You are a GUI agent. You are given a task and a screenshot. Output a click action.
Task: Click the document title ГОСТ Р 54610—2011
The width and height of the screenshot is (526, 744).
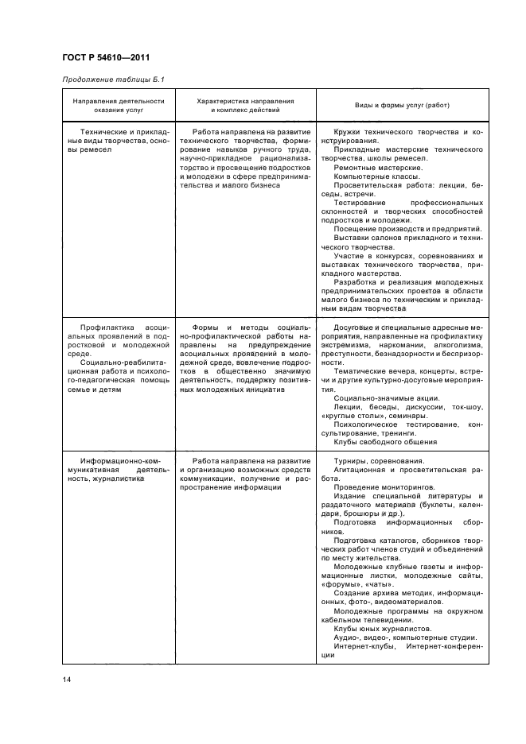pos(105,57)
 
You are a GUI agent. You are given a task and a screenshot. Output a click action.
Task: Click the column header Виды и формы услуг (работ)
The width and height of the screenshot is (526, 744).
pos(403,106)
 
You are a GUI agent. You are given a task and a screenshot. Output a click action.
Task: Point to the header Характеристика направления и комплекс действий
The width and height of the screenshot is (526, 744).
pos(244,106)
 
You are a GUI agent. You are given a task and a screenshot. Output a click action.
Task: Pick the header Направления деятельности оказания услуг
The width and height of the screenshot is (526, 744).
pos(119,106)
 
